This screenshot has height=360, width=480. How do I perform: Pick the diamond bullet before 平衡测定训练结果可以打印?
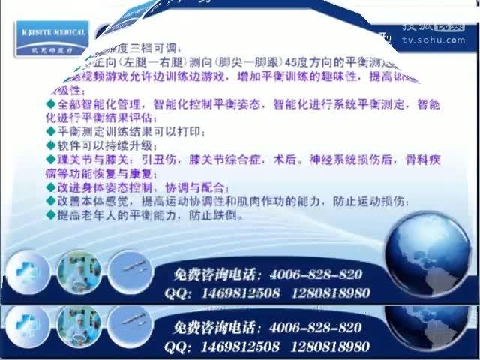click(x=51, y=132)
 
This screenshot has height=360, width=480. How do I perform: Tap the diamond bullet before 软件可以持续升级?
click(x=51, y=145)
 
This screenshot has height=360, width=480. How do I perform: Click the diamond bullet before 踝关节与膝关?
click(x=51, y=160)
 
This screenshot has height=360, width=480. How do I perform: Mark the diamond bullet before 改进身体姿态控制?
click(x=51, y=187)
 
